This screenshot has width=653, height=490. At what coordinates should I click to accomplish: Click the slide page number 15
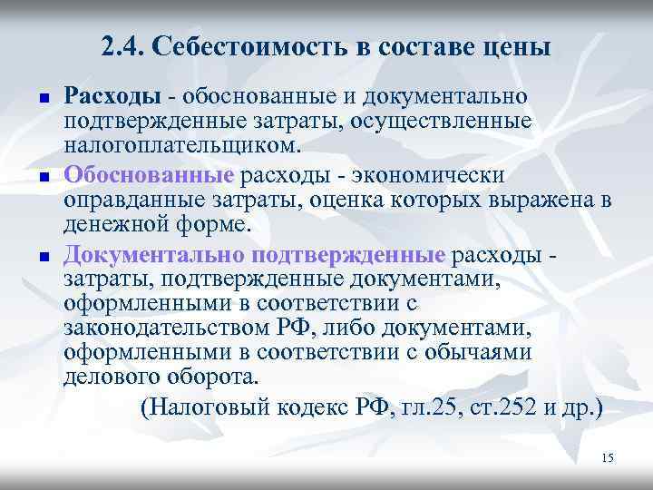[607, 457]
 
